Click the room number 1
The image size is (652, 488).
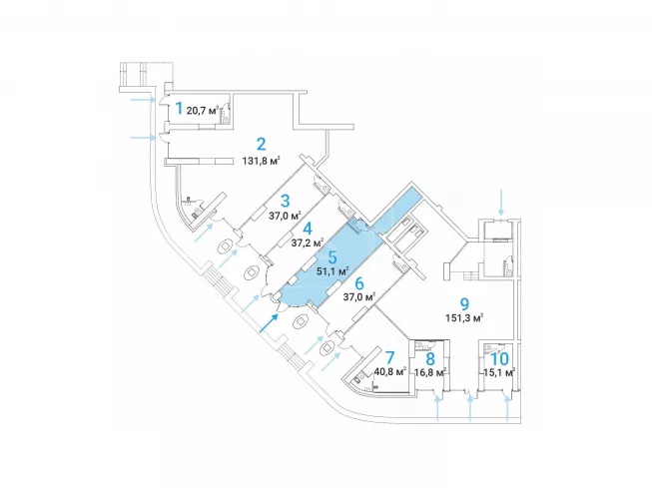coord(179,107)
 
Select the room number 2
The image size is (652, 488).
coord(260,143)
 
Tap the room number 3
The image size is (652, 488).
coord(285,200)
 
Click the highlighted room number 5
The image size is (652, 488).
coord(332,255)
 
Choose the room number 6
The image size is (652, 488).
coord(358,282)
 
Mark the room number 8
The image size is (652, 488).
coord(430,358)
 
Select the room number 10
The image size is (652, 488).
coord(500,358)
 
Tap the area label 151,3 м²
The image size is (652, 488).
coord(464,319)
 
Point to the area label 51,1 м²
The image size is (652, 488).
coord(331,270)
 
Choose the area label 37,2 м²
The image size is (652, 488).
coord(308,243)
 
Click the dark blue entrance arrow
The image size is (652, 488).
coord(269,321)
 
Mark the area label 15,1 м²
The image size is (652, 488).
coord(498,372)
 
